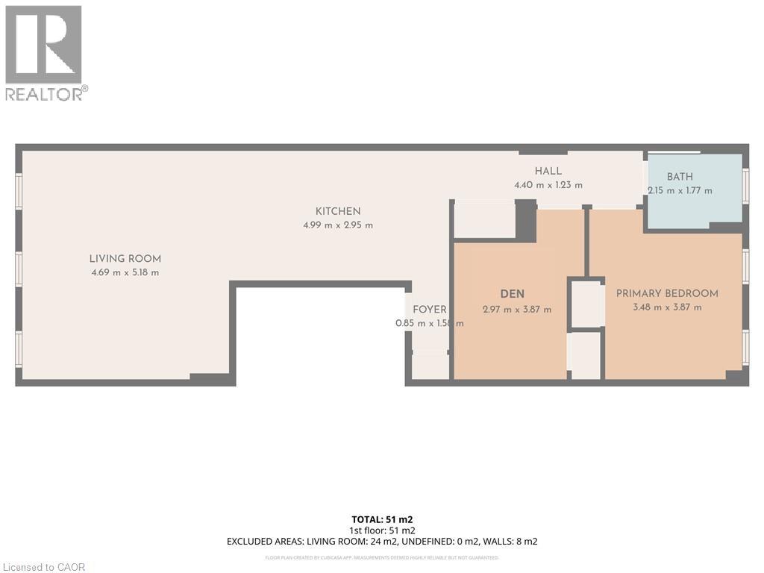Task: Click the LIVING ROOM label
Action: click(125, 259)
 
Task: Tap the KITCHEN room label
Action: click(337, 211)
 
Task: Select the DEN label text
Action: click(513, 294)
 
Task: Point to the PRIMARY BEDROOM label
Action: click(667, 293)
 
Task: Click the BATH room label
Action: click(680, 177)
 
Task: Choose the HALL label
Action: click(548, 171)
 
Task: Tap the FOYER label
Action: click(430, 310)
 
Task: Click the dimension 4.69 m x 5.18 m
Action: click(125, 272)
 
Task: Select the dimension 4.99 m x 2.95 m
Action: click(337, 225)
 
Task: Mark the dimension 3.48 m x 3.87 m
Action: click(667, 307)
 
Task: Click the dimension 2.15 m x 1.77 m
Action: click(680, 190)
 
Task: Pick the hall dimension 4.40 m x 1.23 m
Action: click(548, 184)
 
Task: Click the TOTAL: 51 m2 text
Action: click(381, 519)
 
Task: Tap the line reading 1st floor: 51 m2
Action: click(381, 530)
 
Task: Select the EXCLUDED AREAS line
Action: click(381, 541)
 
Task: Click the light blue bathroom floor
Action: click(694, 209)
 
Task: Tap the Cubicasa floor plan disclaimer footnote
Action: click(381, 557)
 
